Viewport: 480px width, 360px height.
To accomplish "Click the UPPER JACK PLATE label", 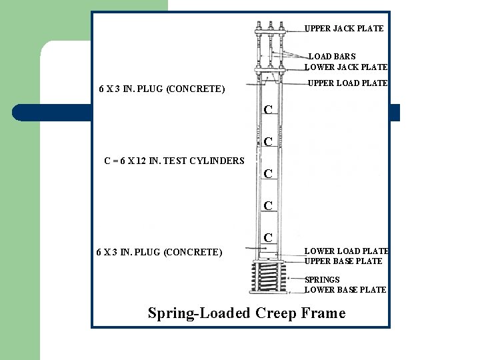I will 344,29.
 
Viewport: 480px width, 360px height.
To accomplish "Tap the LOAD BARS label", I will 332,57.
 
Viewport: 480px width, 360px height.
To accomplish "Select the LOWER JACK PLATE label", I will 345,67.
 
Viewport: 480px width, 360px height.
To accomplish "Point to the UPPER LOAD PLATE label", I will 347,83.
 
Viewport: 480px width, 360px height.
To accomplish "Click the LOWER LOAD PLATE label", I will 347,251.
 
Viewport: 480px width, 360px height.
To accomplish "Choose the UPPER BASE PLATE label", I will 343,261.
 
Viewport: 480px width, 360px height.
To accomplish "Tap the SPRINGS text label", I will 322,280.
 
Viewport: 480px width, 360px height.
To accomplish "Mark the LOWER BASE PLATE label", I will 345,290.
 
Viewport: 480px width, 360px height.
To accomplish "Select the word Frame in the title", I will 323,313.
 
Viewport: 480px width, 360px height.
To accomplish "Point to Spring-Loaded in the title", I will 199,313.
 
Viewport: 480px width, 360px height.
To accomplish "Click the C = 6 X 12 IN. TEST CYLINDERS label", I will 175,161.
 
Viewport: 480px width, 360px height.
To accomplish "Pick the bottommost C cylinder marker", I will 267,238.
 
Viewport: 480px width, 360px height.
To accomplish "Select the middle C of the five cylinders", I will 267,174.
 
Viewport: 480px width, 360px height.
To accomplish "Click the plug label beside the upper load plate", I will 162,89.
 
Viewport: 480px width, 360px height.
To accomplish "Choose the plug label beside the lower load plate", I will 159,252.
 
